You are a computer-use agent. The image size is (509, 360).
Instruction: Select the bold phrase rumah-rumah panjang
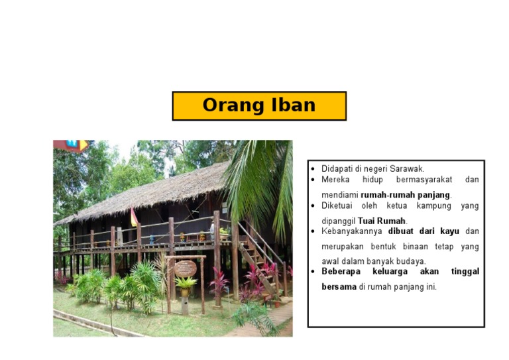click(x=406, y=195)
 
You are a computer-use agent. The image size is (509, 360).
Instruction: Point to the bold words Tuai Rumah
click(x=382, y=221)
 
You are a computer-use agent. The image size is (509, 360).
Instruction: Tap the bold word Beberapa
click(x=343, y=271)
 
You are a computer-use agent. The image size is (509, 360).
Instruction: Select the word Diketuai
click(x=336, y=206)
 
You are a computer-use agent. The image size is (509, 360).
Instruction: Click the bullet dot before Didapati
click(x=313, y=169)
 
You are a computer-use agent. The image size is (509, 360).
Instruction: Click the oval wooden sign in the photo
click(x=185, y=268)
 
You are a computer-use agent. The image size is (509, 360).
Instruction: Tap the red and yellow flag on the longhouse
click(x=134, y=217)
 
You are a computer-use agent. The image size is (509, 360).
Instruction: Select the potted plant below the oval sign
click(x=186, y=286)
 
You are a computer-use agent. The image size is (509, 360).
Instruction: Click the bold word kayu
click(x=449, y=231)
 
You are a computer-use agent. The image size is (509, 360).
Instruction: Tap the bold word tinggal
click(x=465, y=271)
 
